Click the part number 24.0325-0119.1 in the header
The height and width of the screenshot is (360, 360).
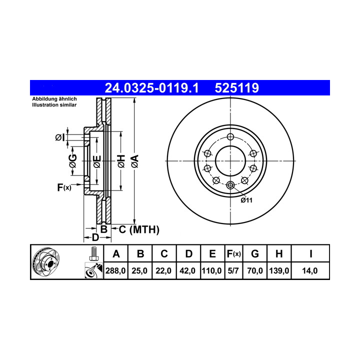(x=151, y=88)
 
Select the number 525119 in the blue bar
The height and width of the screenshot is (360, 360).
(x=236, y=88)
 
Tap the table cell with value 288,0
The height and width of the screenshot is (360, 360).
(x=115, y=271)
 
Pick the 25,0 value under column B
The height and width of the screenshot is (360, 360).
(x=139, y=271)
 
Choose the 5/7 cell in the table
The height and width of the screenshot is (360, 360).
(x=233, y=271)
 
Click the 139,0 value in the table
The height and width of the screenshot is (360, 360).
(x=279, y=271)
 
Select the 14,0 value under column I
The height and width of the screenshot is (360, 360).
(x=310, y=271)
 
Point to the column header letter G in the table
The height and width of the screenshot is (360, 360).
(x=255, y=254)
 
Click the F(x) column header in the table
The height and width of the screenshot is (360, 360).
(x=233, y=254)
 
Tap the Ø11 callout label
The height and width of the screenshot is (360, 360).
(x=246, y=200)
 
